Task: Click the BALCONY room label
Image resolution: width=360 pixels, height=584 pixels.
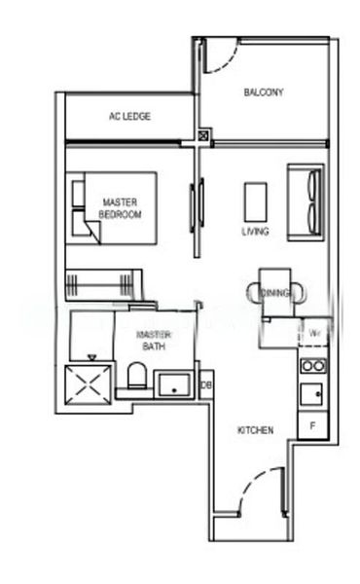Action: click(264, 93)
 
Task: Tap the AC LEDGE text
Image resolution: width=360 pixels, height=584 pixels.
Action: click(129, 117)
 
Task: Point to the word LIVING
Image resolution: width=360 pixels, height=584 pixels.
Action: click(256, 232)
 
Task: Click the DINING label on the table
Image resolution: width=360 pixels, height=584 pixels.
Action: click(275, 292)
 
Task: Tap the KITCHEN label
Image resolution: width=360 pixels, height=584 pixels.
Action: click(255, 429)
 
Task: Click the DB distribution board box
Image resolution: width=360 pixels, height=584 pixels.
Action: click(205, 386)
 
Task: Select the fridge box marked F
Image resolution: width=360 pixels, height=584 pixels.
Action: click(313, 425)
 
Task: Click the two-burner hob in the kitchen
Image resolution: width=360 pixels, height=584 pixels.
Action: click(312, 366)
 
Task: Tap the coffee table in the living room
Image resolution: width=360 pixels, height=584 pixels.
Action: click(256, 201)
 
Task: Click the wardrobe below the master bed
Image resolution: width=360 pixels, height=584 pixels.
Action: click(102, 284)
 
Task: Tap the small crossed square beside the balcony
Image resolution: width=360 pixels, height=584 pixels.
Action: click(202, 136)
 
